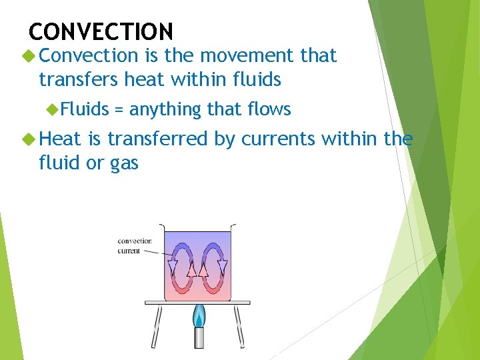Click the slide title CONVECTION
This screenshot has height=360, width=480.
coord(101,31)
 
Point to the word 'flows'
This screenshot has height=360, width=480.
coord(269,109)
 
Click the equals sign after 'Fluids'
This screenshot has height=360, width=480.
coord(119,109)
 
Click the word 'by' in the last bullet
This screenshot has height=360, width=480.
coord(223,140)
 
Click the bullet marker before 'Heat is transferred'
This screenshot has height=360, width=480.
coord(27,139)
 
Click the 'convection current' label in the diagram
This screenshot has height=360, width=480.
coord(134,246)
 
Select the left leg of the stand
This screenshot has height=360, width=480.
coord(157,327)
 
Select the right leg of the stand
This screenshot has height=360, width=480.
coord(239,327)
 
